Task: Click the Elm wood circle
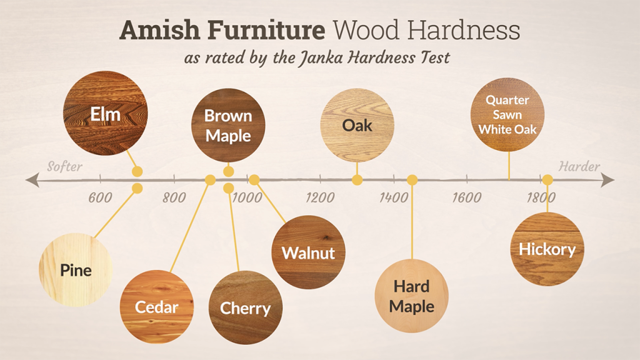click(x=106, y=113)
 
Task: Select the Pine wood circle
click(x=76, y=269)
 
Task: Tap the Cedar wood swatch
click(x=156, y=306)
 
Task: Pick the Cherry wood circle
click(x=245, y=307)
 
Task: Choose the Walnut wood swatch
click(x=308, y=252)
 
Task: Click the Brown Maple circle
click(x=228, y=125)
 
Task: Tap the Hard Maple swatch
click(x=412, y=296)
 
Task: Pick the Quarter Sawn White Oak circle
click(x=507, y=114)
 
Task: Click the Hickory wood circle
click(x=547, y=249)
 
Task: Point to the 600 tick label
click(x=100, y=198)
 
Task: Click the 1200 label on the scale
click(x=320, y=198)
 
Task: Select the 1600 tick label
click(x=467, y=198)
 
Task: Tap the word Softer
click(x=65, y=167)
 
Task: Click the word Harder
click(x=579, y=167)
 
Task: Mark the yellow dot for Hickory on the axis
click(x=547, y=180)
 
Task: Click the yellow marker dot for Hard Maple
click(x=412, y=180)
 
